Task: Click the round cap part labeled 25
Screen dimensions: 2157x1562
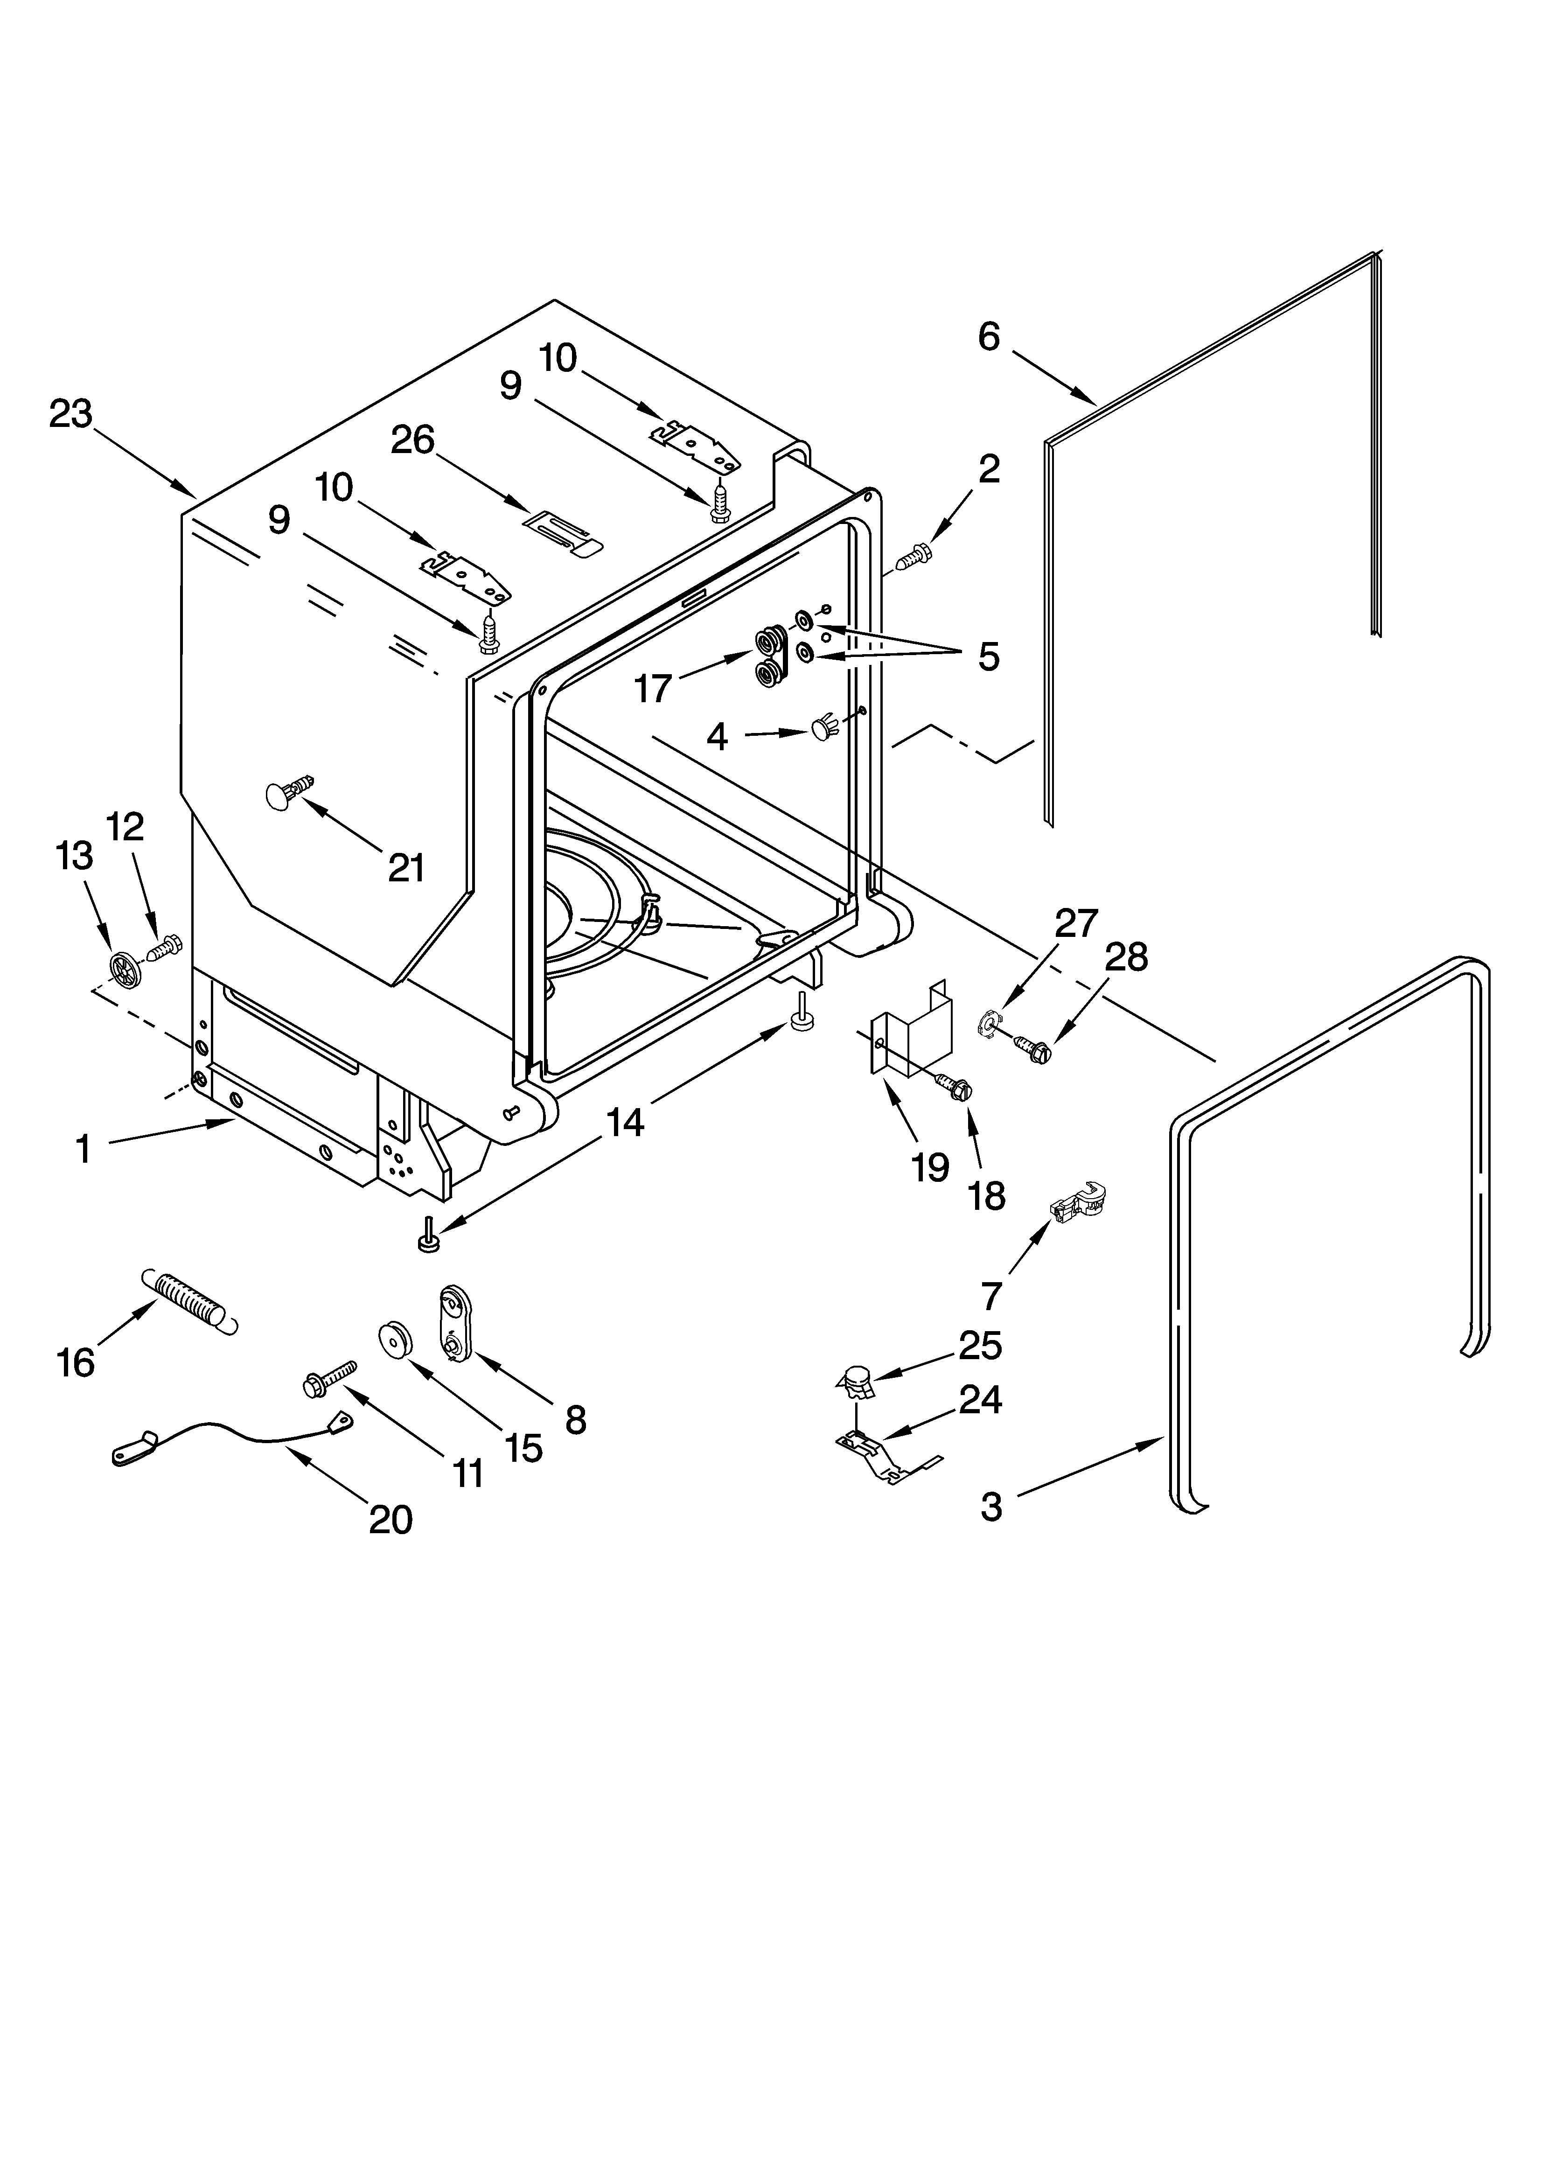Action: [857, 1378]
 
